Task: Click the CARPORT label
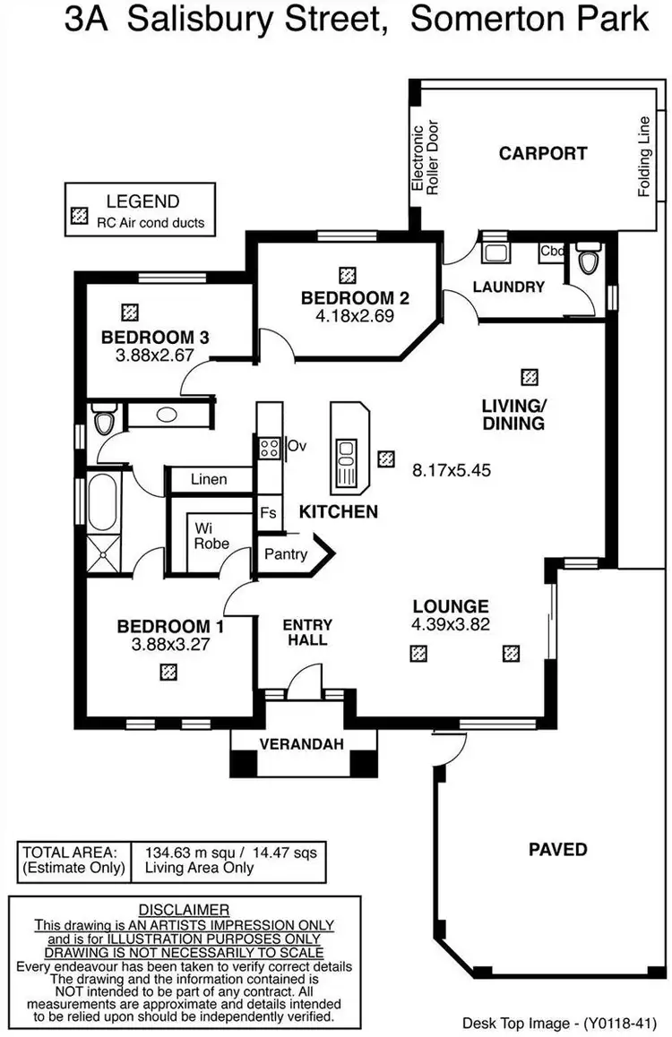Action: tap(543, 153)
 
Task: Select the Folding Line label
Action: tap(643, 157)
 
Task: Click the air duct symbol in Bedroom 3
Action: tap(132, 312)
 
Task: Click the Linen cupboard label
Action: tap(209, 479)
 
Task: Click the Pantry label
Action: tap(286, 554)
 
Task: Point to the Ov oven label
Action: tap(297, 445)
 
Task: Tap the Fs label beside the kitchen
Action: tap(268, 513)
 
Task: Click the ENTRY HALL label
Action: tap(307, 632)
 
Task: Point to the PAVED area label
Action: tap(556, 849)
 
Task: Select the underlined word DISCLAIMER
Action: tap(185, 910)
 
